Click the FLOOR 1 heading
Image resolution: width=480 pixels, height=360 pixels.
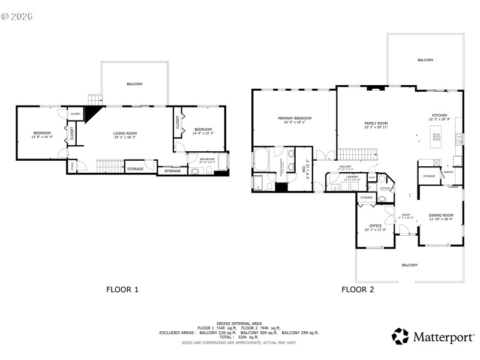(122, 289)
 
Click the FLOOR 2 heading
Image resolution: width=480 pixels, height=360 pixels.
(358, 289)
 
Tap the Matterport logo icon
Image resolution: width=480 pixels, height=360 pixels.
(400, 336)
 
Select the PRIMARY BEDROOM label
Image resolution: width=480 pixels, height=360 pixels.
(295, 118)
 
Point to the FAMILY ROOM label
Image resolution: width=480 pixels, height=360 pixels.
(376, 123)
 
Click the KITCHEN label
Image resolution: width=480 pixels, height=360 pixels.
(440, 115)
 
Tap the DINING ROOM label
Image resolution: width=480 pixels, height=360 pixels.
(441, 215)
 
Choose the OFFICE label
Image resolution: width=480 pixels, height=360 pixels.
(375, 226)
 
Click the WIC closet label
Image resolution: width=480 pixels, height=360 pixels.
(304, 170)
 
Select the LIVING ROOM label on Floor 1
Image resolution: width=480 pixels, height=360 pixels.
(126, 133)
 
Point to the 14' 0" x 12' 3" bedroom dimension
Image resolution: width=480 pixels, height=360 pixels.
(203, 133)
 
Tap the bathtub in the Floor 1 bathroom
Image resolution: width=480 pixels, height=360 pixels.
(222, 162)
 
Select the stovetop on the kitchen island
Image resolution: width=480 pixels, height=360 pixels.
(436, 137)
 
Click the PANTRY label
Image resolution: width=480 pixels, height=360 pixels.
(448, 172)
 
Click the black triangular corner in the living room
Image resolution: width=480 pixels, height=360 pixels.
(92, 113)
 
